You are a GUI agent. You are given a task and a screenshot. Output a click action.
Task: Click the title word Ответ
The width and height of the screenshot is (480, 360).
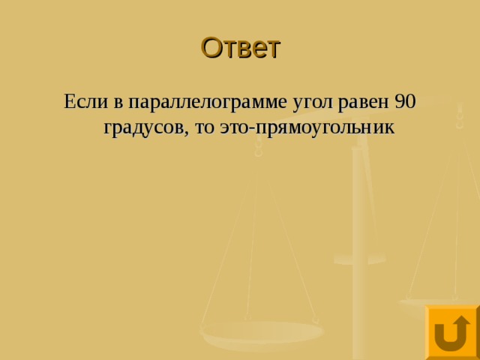(240, 48)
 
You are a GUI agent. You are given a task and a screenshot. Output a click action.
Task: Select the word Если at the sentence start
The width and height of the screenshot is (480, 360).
(84, 101)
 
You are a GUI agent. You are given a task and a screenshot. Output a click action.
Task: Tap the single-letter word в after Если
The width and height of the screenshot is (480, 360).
(116, 102)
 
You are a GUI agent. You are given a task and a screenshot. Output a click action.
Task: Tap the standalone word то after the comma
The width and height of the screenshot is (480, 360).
(204, 127)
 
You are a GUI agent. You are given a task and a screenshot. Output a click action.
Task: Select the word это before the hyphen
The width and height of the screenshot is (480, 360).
(234, 127)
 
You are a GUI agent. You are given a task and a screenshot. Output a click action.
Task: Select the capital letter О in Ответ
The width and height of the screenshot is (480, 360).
(211, 48)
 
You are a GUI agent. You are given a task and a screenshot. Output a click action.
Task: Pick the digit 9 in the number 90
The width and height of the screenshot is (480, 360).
(399, 101)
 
